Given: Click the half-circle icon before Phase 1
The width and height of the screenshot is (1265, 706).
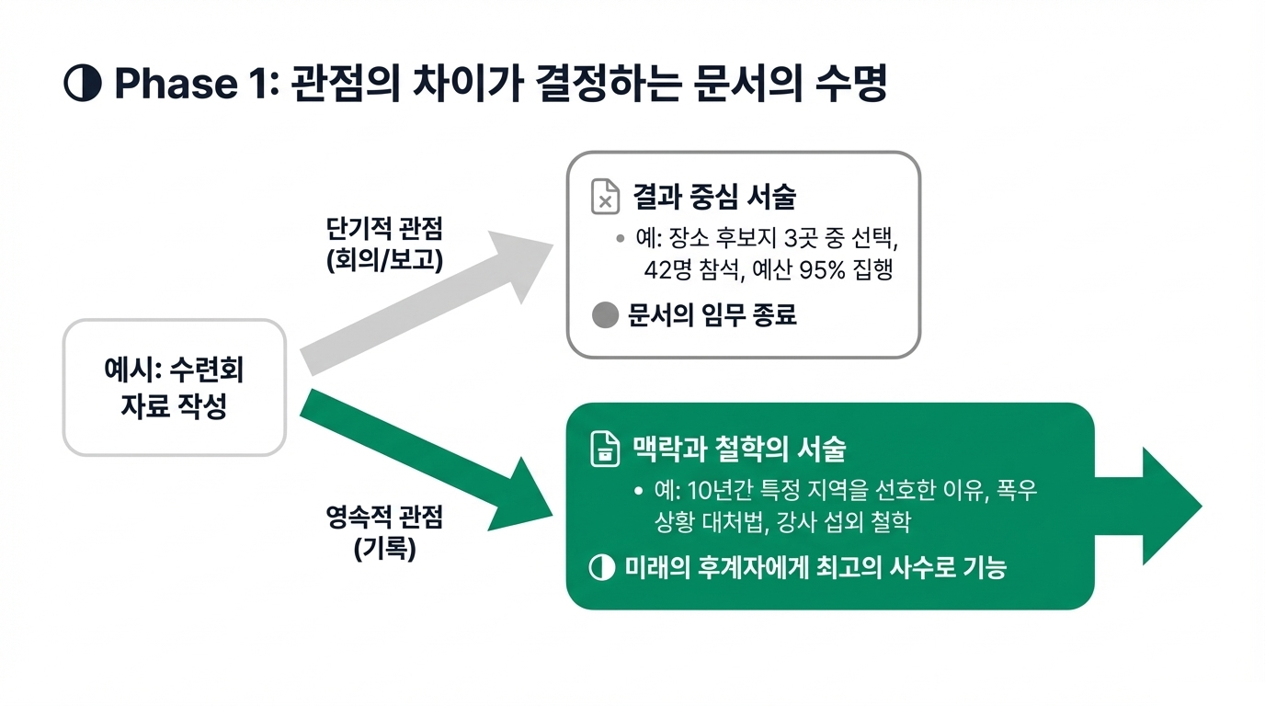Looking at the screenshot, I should pyautogui.click(x=82, y=84).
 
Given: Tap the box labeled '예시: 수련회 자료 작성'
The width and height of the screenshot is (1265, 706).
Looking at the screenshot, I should pyautogui.click(x=174, y=388).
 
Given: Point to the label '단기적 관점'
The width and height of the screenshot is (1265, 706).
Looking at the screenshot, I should pyautogui.click(x=384, y=230).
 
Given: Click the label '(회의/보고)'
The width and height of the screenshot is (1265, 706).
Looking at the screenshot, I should pyautogui.click(x=384, y=260).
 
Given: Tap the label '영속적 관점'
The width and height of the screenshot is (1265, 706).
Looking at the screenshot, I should pyautogui.click(x=384, y=518).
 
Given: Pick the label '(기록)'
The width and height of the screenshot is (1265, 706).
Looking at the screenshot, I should pyautogui.click(x=384, y=549).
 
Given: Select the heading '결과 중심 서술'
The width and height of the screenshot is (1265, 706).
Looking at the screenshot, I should pyautogui.click(x=713, y=197).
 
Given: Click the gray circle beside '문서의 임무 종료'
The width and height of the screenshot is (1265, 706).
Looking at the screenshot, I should pyautogui.click(x=605, y=316).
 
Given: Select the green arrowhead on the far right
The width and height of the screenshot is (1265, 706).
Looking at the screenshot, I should pyautogui.click(x=1168, y=506).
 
